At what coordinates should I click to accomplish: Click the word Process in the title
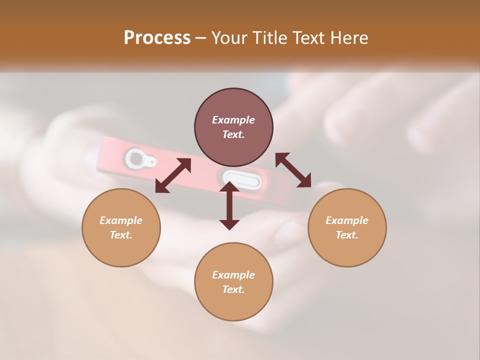point(157,37)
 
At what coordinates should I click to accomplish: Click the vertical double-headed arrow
point(229,205)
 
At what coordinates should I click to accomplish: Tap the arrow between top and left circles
point(173,175)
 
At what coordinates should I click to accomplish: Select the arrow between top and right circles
point(293,170)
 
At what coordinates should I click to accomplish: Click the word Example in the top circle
point(233,120)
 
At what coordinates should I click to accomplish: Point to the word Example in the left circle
point(121,220)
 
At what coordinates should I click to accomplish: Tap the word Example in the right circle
point(347,220)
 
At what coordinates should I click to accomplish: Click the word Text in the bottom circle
point(233,289)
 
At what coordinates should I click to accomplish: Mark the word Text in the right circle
point(347,235)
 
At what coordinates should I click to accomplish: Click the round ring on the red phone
point(135,159)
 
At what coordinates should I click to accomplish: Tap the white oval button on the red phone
point(241,179)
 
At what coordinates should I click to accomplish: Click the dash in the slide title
point(201,38)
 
